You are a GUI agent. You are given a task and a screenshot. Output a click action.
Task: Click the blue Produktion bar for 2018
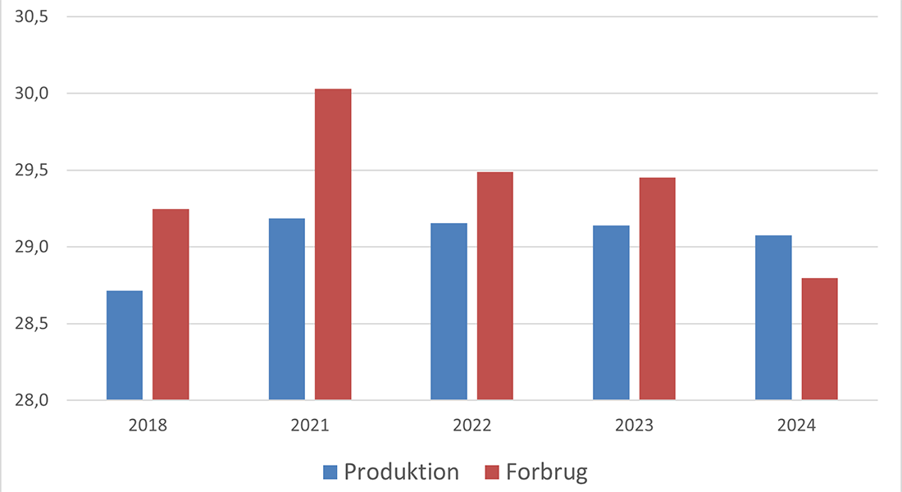[x=125, y=345]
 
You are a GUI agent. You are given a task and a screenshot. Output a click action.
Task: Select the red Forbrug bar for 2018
[x=171, y=304]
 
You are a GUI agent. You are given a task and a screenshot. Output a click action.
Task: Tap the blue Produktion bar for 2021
[x=287, y=309]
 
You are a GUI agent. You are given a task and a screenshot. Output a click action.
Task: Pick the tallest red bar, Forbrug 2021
[x=333, y=244]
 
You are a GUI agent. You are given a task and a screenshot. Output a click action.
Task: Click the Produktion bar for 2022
[x=449, y=312]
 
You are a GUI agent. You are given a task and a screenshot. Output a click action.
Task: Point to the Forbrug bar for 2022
[x=495, y=286]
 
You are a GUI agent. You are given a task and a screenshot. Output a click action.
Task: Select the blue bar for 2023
[x=612, y=312]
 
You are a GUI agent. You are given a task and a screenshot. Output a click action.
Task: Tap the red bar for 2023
[x=658, y=289]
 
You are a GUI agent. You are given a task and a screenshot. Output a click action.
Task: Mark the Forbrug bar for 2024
[x=820, y=339]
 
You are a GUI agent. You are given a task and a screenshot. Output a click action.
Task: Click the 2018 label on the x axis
[x=148, y=426]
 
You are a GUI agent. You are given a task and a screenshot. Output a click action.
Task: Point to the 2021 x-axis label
[x=310, y=426]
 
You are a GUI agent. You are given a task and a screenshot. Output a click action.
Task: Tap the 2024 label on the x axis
[x=797, y=426]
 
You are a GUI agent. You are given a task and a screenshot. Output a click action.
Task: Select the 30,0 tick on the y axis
[x=33, y=93]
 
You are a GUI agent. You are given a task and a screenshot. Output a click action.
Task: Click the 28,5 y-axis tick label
[x=33, y=324]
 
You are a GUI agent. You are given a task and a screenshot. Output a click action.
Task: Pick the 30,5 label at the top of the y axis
[x=33, y=16]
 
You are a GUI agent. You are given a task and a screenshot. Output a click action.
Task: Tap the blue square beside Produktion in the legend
[x=330, y=472]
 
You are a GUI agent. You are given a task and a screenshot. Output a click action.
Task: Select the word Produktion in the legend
[x=401, y=472]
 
